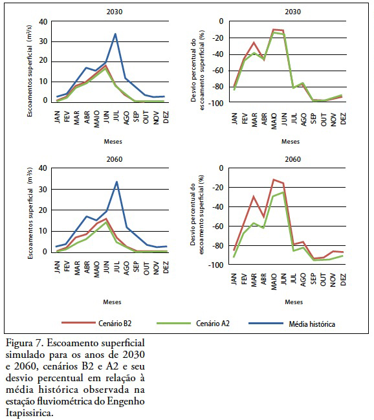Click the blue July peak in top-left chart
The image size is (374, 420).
(115, 34)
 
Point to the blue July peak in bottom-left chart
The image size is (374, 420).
(116, 182)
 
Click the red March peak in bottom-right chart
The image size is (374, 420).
(254, 196)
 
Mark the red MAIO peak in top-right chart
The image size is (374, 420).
(274, 29)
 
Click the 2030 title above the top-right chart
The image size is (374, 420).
(292, 12)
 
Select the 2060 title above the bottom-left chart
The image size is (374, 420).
(115, 159)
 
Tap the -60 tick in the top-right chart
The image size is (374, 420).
(217, 71)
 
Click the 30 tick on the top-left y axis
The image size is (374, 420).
(43, 41)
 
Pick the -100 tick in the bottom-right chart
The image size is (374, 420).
(215, 265)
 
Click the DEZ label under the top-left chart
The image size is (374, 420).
(166, 117)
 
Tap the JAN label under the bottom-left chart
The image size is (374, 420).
(57, 267)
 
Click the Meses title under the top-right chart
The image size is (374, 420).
(291, 142)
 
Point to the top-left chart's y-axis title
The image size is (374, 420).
(30, 71)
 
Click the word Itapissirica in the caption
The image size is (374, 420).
(30, 413)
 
